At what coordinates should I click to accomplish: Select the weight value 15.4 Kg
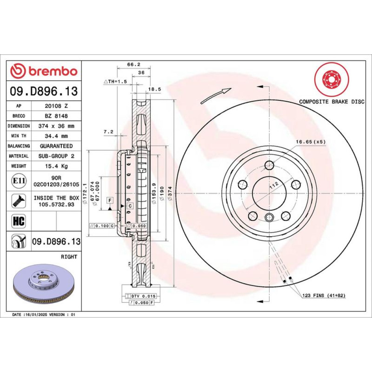coord(57,166)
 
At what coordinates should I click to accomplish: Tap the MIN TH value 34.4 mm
coord(57,136)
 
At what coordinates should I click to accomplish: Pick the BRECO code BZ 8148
coord(57,116)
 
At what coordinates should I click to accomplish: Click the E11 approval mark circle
coord(19,181)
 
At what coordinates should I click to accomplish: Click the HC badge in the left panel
coord(19,221)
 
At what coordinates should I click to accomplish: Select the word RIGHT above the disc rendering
coord(69,257)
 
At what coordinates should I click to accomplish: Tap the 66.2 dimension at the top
coord(134,64)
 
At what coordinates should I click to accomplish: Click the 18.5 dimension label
coord(154,89)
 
